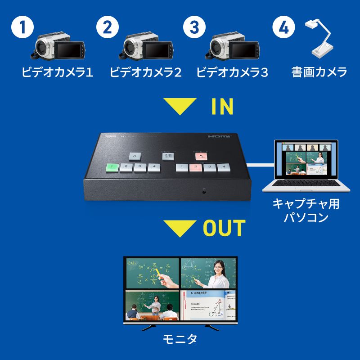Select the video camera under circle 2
146,46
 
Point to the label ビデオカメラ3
232,72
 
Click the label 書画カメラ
319,72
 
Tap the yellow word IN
222,107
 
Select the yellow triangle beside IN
180,107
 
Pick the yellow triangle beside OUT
180,228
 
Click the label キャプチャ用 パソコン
306,211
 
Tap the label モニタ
180,339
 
